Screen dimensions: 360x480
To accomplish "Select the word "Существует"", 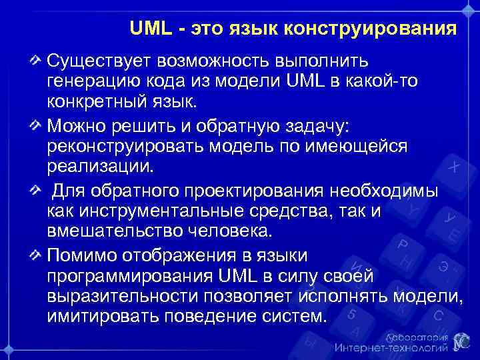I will click(x=98, y=61).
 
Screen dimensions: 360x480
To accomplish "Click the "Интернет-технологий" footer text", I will click(x=391, y=347).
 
